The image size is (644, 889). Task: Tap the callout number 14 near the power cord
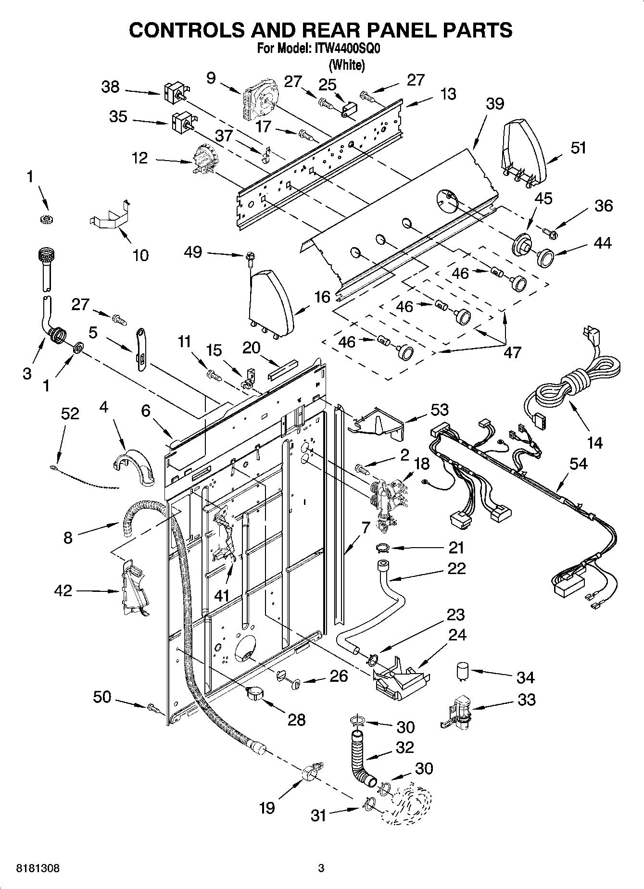(594, 442)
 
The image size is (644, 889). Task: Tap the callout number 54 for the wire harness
(578, 463)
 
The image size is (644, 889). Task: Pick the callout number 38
(110, 87)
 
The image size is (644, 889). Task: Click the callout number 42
(63, 590)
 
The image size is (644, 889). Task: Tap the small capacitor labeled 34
(464, 671)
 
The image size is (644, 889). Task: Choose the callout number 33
(526, 699)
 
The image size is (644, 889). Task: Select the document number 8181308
(38, 868)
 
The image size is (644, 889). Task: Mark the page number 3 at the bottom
(321, 868)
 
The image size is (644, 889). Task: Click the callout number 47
(512, 352)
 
